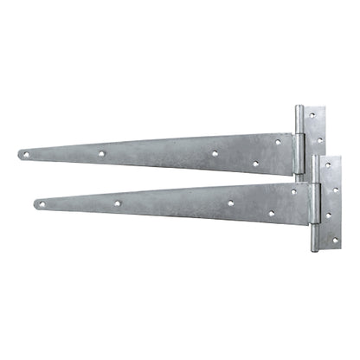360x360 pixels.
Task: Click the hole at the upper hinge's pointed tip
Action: tap(24, 156)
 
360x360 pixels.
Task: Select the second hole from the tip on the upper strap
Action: tap(101, 154)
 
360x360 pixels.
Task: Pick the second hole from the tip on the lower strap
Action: tap(117, 204)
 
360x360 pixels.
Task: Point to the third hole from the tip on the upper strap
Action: tap(215, 153)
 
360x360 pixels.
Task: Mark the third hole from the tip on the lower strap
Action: tap(230, 202)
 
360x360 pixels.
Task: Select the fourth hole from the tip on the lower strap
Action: tap(270, 213)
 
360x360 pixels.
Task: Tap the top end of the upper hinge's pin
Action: tap(299, 108)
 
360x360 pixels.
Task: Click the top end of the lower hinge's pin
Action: tap(315, 158)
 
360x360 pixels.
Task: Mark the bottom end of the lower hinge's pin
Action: tap(315, 250)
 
